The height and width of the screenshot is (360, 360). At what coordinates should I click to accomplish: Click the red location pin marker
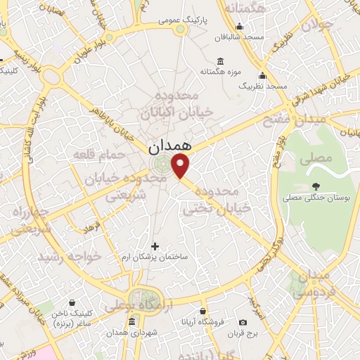click(x=181, y=166)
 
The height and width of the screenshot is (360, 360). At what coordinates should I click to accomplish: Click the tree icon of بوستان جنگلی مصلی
click(x=316, y=186)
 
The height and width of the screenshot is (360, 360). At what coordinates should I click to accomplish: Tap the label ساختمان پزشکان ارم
click(x=155, y=258)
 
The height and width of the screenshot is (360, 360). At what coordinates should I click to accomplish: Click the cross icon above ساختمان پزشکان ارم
click(x=155, y=246)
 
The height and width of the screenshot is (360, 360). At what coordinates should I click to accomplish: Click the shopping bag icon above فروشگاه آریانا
click(x=202, y=311)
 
